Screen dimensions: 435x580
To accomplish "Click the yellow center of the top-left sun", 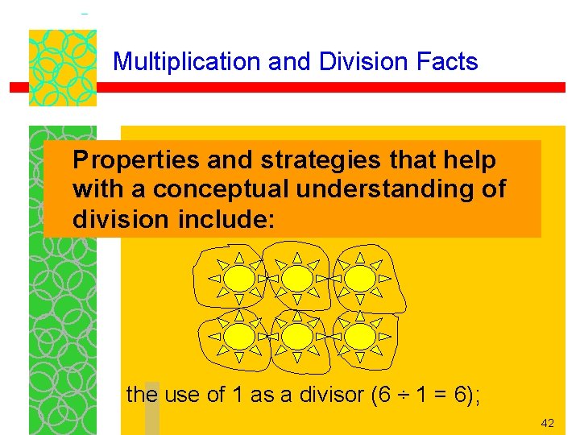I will (239, 278).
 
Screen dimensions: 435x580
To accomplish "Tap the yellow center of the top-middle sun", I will (297, 278).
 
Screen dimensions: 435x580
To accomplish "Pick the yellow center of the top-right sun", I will (361, 278).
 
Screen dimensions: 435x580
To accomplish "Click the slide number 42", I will (547, 423).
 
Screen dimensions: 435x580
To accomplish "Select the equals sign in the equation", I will (440, 396).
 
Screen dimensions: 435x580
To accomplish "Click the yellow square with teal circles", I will (62, 68).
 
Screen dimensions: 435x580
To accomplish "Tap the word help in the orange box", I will (474, 161).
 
